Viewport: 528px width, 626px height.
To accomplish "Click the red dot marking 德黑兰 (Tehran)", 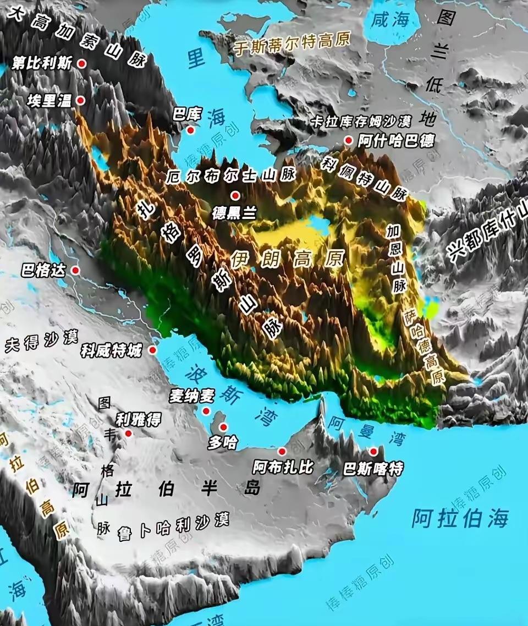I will [235, 195].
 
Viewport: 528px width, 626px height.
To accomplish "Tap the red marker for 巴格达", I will [75, 270].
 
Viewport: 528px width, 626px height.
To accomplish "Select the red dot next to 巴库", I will [190, 130].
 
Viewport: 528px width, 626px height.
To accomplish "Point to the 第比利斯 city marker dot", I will [82, 63].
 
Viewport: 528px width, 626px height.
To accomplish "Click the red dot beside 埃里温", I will [80, 100].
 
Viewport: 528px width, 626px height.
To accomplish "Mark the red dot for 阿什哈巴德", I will [348, 140].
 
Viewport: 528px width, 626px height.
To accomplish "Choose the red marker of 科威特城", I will [152, 350].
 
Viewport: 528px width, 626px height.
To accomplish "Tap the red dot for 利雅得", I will [128, 433].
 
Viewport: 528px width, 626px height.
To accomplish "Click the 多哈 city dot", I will [223, 427].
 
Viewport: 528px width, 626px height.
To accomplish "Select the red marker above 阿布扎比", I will [282, 452].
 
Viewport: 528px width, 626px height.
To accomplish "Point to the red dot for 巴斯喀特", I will [374, 452].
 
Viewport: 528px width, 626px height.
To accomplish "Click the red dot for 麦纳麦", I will [206, 411].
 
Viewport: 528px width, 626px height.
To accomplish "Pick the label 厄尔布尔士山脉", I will [230, 176].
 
